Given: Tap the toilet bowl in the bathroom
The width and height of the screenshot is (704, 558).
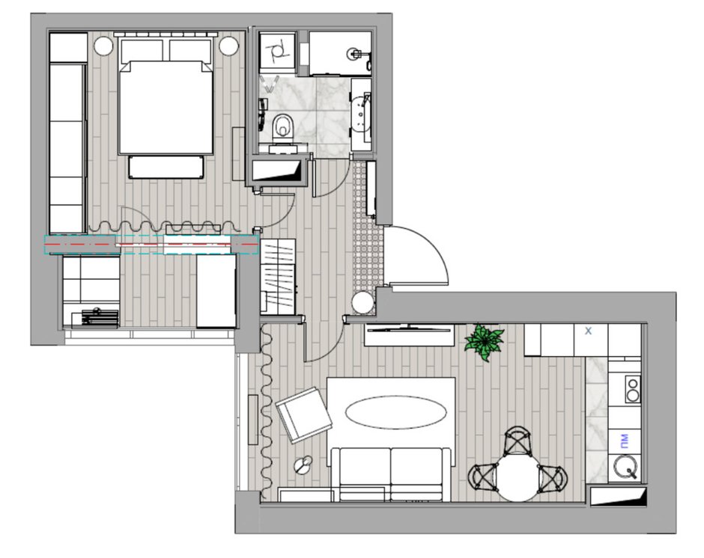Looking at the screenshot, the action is (282, 126).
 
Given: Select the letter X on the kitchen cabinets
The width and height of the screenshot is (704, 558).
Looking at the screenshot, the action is (588, 331).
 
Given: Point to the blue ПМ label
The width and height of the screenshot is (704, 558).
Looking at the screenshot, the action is (624, 441).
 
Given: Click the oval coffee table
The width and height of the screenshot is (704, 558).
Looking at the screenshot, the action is (396, 412).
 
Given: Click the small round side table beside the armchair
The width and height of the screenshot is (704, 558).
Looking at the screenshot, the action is (303, 465).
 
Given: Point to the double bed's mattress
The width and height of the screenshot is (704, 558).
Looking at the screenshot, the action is (166, 108).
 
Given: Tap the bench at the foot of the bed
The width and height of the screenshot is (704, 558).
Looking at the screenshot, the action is (166, 167).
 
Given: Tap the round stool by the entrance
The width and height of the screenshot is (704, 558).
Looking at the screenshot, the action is (362, 303).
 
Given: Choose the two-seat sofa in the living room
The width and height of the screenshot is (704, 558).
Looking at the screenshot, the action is (391, 474).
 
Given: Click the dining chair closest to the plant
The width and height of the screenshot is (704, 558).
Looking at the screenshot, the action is (518, 441).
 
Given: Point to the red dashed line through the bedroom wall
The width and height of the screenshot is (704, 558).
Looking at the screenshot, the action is (151, 245).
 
